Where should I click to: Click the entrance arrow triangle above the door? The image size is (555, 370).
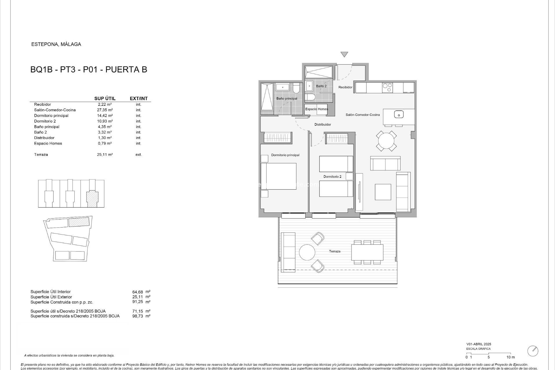click(344, 54)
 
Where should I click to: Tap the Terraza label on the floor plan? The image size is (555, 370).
click(334, 251)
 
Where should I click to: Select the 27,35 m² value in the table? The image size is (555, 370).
click(105, 110)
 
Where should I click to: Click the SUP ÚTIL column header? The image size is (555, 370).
click(105, 99)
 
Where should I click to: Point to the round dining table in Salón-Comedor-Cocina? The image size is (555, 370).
click(386, 141)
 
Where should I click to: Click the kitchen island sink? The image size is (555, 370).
click(399, 115)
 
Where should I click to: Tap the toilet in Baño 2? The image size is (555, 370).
click(309, 97)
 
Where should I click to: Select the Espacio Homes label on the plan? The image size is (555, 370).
click(317, 109)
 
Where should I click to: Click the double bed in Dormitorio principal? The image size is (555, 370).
click(279, 176)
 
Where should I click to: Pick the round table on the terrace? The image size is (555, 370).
click(307, 252)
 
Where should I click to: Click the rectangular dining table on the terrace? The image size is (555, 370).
click(367, 252)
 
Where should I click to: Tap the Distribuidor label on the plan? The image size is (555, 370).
click(323, 125)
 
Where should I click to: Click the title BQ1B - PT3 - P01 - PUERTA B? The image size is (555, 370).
click(89, 70)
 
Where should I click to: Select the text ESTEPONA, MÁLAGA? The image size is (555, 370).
click(56, 44)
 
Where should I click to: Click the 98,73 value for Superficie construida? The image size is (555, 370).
click(138, 316)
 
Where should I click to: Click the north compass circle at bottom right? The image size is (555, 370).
click(533, 351)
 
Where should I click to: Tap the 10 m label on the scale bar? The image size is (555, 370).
click(510, 357)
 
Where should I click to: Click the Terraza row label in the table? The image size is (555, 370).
click(41, 155)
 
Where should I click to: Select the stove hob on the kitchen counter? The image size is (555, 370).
click(387, 87)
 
